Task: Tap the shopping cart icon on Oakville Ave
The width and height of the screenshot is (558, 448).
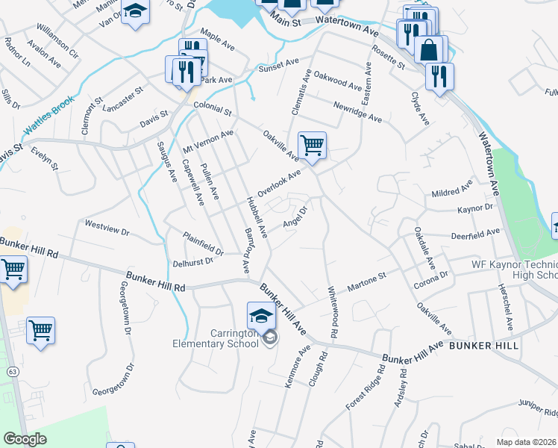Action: (x=311, y=145)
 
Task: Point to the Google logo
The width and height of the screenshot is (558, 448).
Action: (x=25, y=439)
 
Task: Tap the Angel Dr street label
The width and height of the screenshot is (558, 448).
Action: (x=296, y=217)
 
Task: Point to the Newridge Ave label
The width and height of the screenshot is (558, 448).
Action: (x=357, y=113)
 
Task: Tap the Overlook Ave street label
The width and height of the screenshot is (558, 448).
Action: (x=279, y=183)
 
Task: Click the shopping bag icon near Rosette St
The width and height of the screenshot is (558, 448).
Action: (x=430, y=50)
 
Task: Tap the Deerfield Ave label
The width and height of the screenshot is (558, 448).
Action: (x=475, y=234)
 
